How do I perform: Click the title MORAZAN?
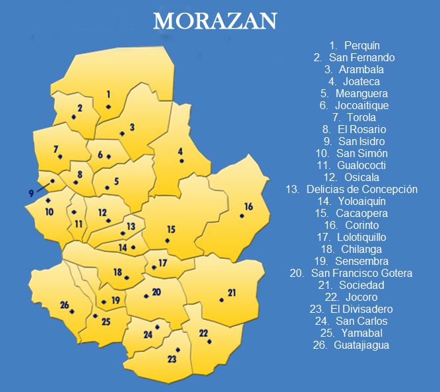pyautogui.click(x=215, y=21)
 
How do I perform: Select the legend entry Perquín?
pyautogui.click(x=354, y=45)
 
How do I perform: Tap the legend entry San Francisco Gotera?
pyautogui.click(x=351, y=273)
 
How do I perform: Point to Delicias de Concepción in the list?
pyautogui.click(x=351, y=189)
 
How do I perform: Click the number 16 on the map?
pyautogui.click(x=249, y=206)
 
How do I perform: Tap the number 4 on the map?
pyautogui.click(x=180, y=150)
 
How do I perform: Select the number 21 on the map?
pyautogui.click(x=232, y=292)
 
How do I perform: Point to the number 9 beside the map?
pyautogui.click(x=31, y=193)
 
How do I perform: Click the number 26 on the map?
pyautogui.click(x=64, y=305)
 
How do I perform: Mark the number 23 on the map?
pyautogui.click(x=172, y=359)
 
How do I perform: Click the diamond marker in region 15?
pyautogui.click(x=167, y=240)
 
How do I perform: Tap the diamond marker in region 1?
pyautogui.click(x=108, y=106)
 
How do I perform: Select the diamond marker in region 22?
pyautogui.click(x=209, y=341)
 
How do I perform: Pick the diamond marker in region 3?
pyautogui.click(x=122, y=134)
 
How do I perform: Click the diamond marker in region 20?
pyautogui.click(x=146, y=296)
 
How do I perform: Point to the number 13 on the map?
pyautogui.click(x=131, y=226)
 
